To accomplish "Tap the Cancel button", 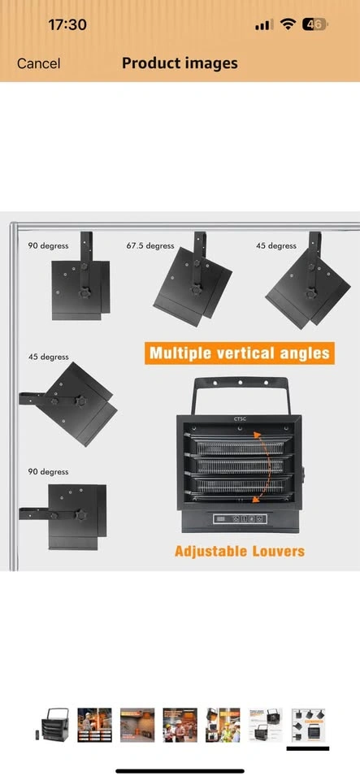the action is click(x=38, y=63).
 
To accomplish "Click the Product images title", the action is click(x=180, y=63).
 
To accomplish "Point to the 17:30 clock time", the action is click(x=67, y=24).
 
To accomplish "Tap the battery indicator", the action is click(x=316, y=24).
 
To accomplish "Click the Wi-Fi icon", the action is click(x=288, y=24).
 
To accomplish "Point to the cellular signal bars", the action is click(x=264, y=25).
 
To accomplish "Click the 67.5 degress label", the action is click(x=150, y=245).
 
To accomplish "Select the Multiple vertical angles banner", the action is click(x=240, y=353).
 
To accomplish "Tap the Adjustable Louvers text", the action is click(x=240, y=551).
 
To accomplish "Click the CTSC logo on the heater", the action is click(x=241, y=418).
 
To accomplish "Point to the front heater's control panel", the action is click(x=241, y=519).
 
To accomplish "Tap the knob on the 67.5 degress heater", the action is click(x=197, y=290).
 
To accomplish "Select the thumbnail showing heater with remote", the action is click(x=52, y=725).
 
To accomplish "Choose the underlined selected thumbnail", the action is click(x=308, y=725).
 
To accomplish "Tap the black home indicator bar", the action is click(x=180, y=771).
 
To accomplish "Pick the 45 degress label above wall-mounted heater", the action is click(x=48, y=357).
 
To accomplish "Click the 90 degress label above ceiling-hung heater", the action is click(x=48, y=245).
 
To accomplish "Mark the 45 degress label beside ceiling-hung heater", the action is click(x=276, y=245).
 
